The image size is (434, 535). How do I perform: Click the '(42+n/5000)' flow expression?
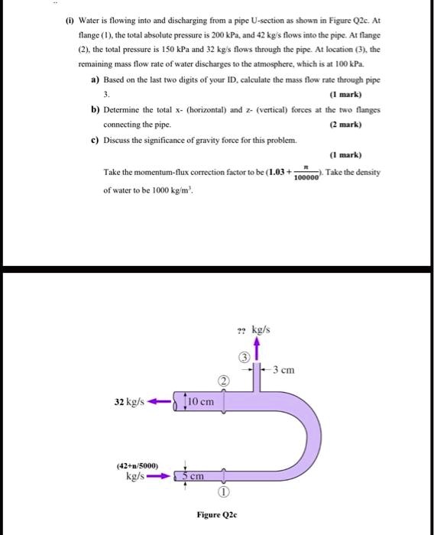click(x=138, y=463)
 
